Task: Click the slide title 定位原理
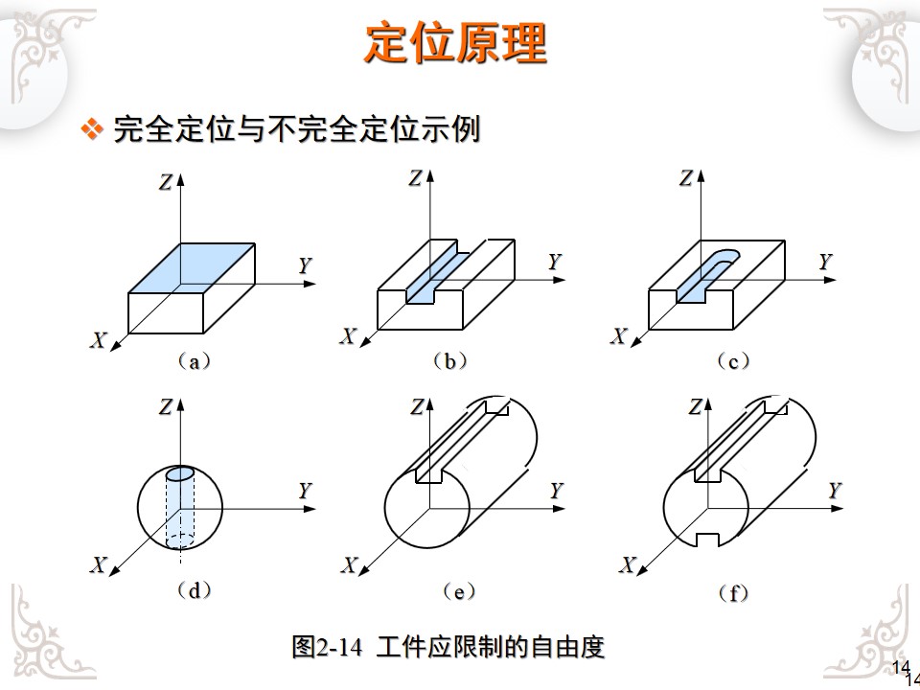455,43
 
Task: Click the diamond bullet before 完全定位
92,129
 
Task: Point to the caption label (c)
733,362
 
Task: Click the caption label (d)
194,591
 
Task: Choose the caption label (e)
459,591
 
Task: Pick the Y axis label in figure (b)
554,261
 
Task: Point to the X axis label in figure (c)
619,335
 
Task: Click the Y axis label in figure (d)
305,491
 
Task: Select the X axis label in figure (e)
350,565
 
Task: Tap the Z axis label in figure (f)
695,406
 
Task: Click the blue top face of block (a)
192,265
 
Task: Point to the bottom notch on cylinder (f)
707,540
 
